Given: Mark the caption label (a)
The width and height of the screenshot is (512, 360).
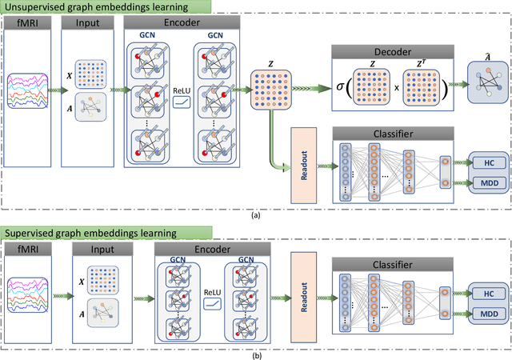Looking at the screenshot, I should click(x=255, y=216).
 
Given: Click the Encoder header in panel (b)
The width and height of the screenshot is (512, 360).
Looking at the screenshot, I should click(x=213, y=248).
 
